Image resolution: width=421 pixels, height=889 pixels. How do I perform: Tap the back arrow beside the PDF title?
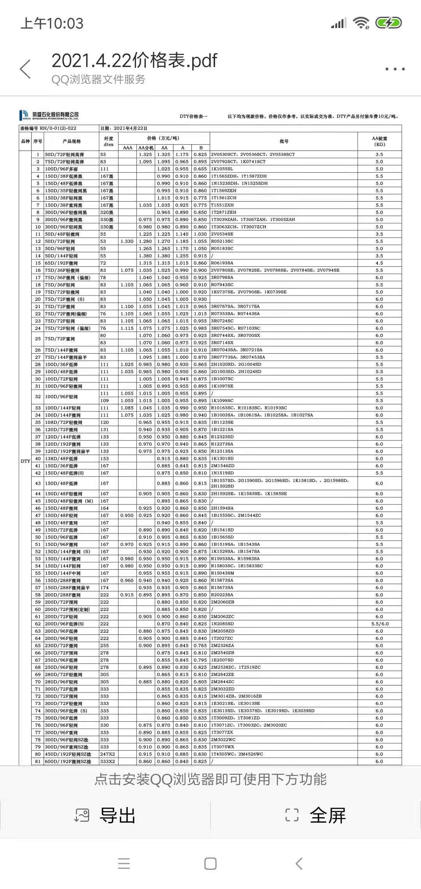pyautogui.click(x=25, y=69)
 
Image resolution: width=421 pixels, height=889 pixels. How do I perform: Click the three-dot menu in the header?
pyautogui.click(x=395, y=69)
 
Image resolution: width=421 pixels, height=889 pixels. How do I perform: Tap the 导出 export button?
pyautogui.click(x=105, y=815)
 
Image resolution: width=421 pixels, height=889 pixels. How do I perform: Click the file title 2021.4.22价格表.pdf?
pyautogui.click(x=134, y=60)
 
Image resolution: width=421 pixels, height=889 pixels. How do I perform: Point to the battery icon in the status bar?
pyautogui.click(x=388, y=23)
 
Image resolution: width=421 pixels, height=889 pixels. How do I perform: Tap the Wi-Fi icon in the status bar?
pyautogui.click(x=361, y=23)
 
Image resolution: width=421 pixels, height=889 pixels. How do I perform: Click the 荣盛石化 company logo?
pyautogui.click(x=49, y=115)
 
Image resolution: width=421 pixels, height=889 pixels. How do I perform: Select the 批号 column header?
pyautogui.click(x=284, y=141)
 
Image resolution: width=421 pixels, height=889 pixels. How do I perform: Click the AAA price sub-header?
pyautogui.click(x=127, y=148)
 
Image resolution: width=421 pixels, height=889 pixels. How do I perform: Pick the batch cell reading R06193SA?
pyautogui.click(x=222, y=263)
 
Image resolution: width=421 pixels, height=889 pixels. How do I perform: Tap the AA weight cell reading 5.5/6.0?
pyautogui.click(x=379, y=624)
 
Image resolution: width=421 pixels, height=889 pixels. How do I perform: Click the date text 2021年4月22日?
pyautogui.click(x=130, y=128)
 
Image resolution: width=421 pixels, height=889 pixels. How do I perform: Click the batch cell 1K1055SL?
pyautogui.click(x=222, y=169)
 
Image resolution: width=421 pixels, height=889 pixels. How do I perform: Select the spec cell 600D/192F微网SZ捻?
pyautogui.click(x=68, y=761)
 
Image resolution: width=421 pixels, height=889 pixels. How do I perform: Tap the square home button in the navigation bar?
pyautogui.click(x=210, y=863)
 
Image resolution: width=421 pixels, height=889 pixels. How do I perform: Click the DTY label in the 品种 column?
pyautogui.click(x=25, y=461)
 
